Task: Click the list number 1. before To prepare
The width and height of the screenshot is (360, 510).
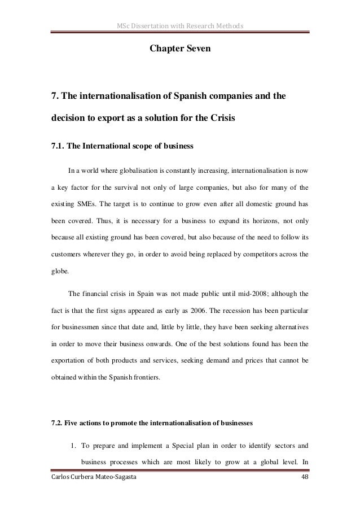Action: (x=74, y=444)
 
